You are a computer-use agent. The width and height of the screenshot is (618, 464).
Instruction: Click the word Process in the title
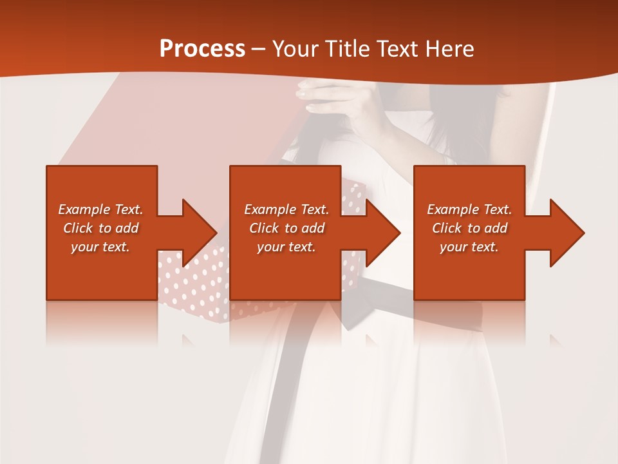(202, 49)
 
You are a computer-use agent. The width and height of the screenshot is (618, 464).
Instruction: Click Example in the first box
(84, 209)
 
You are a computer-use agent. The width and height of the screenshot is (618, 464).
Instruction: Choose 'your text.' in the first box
(100, 247)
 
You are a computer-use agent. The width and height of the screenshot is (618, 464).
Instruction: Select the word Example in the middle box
(270, 209)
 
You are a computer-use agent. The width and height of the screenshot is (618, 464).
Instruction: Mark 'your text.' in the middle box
(286, 247)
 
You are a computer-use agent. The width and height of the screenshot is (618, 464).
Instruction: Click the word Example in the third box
(453, 209)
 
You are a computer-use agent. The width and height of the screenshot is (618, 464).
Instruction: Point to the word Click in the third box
(447, 228)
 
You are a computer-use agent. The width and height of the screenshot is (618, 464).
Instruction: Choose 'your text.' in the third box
(469, 247)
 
